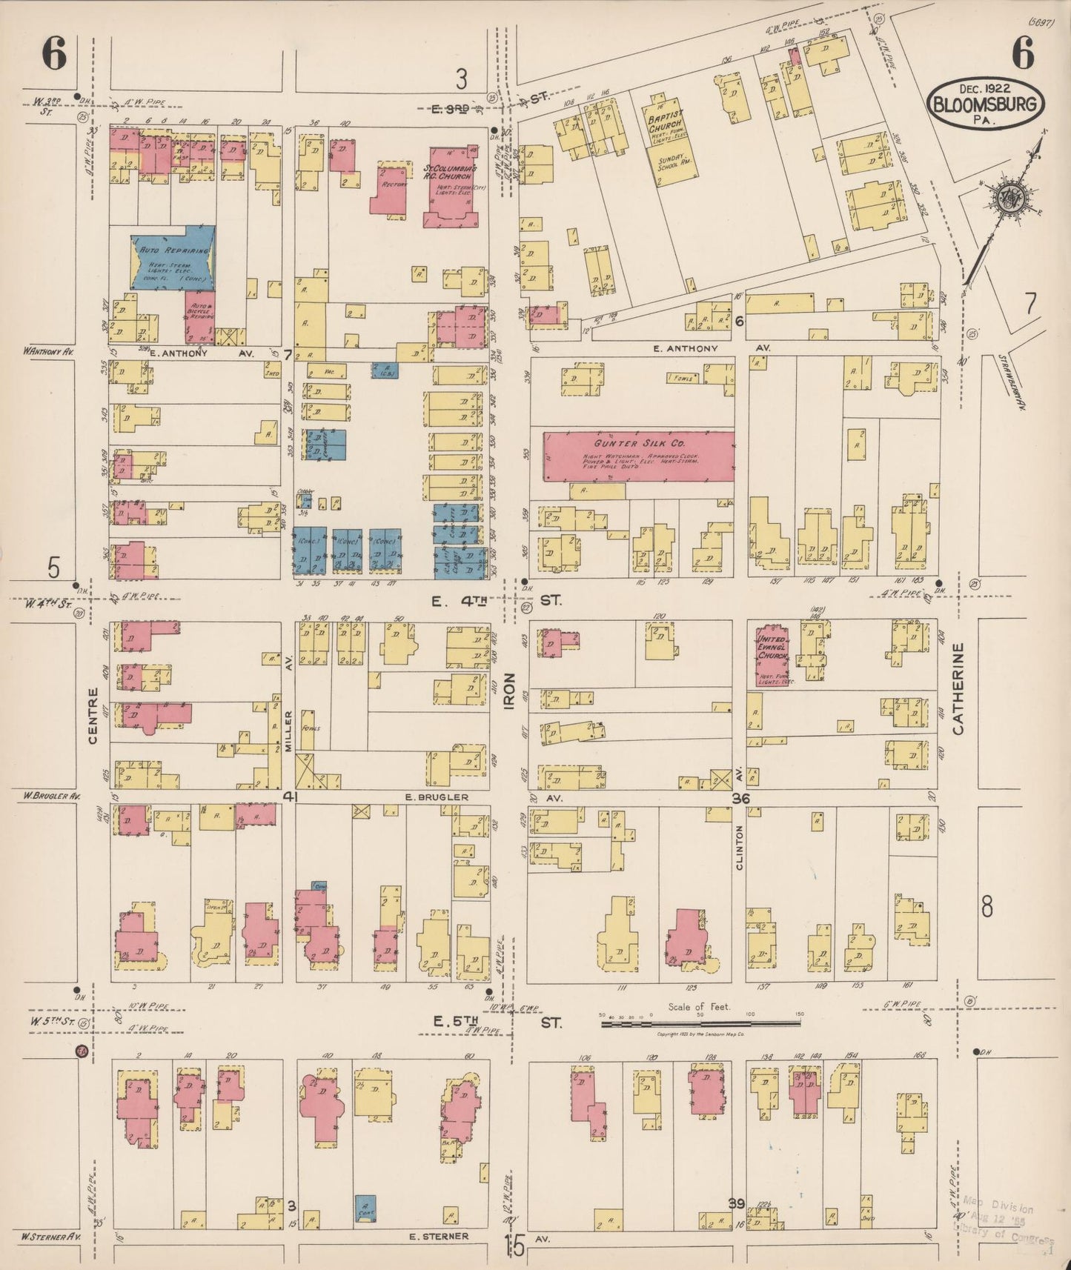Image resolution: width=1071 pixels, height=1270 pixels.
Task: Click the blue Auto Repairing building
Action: [x=173, y=257]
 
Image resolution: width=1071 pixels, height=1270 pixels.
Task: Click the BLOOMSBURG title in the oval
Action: [x=985, y=104]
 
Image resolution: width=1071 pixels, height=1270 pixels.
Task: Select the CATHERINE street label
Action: [x=959, y=689]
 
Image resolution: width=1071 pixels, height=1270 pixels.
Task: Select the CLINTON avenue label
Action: [x=740, y=847]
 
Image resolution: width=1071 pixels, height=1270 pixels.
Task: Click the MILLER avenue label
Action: [x=288, y=731]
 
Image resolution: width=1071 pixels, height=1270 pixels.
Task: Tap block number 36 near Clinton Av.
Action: [x=740, y=799]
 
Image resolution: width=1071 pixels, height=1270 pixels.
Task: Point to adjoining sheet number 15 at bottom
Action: [x=514, y=1246]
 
